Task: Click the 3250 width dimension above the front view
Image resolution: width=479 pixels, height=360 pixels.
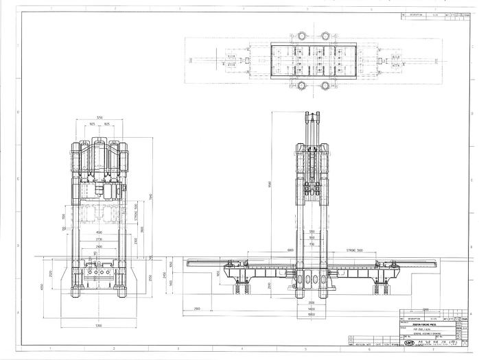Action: click(100, 117)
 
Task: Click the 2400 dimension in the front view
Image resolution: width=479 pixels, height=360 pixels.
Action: click(99, 245)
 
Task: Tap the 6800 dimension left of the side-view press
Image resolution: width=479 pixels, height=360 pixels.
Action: click(272, 252)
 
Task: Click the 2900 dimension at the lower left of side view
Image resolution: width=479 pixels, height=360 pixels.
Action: click(198, 310)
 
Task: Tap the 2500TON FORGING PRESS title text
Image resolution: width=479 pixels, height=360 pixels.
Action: click(423, 326)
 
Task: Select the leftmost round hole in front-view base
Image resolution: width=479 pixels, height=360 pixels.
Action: click(88, 272)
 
